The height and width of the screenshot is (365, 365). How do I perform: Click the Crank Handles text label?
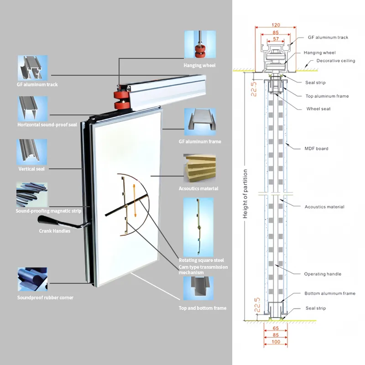pos(54,231)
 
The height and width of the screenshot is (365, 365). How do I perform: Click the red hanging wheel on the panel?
pos(121,99)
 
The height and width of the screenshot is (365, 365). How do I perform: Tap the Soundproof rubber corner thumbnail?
pos(32,279)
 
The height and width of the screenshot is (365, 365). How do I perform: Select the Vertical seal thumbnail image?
pos(32,152)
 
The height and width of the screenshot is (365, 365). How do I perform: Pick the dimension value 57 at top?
pos(275,40)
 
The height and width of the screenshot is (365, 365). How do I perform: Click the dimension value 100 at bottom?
pos(275,342)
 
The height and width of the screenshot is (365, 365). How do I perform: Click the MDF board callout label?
pos(316,148)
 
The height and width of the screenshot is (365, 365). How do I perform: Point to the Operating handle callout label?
pos(323,274)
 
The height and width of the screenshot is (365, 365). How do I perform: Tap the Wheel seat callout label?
pos(318,109)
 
